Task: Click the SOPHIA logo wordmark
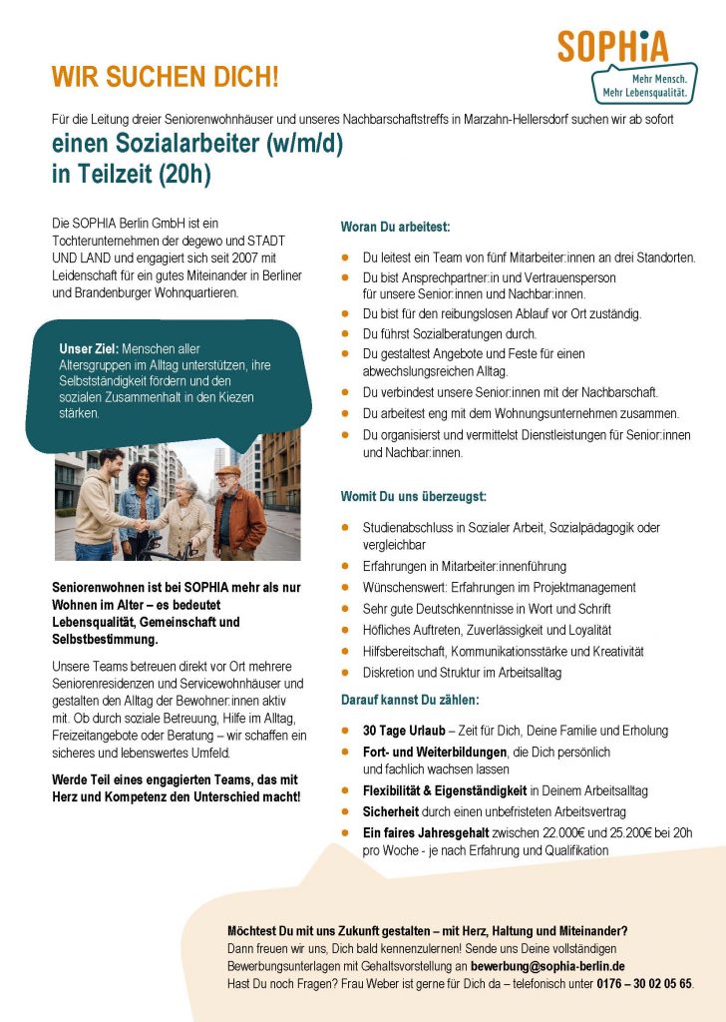pos(612,46)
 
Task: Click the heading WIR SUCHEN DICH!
pos(166,76)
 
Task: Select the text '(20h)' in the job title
pos(186,175)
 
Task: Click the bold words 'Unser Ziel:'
pos(89,349)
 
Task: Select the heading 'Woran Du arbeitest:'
pos(396,228)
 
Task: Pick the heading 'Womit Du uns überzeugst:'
pos(414,496)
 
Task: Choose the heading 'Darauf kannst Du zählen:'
pos(410,700)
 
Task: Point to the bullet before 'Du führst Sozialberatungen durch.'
pos(344,334)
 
